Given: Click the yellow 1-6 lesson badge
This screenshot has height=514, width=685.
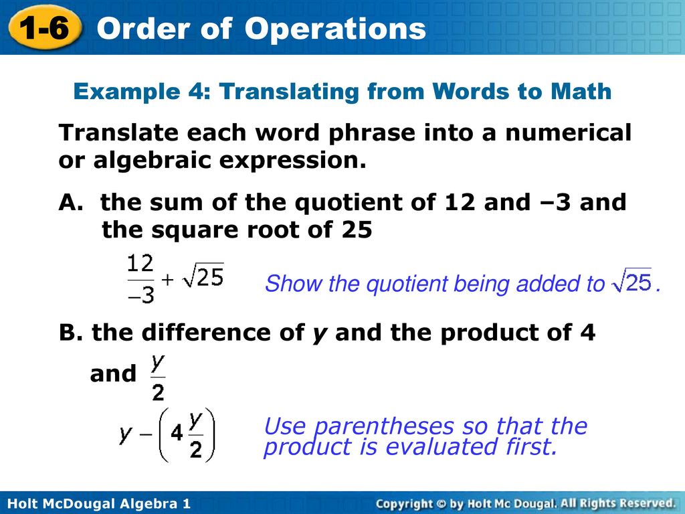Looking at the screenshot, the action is [x=45, y=27].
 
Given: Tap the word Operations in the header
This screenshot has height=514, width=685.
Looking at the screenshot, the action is [x=335, y=29].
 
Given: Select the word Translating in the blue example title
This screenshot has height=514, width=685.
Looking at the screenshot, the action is [x=290, y=92].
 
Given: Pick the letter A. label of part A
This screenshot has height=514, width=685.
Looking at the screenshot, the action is [x=71, y=202].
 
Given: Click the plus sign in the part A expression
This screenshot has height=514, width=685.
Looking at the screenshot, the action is [x=168, y=280].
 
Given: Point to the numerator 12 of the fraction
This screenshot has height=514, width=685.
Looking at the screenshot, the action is [x=140, y=264].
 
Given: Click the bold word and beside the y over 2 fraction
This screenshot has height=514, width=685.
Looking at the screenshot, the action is [x=112, y=373].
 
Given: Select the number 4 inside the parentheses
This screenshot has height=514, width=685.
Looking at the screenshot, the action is [x=177, y=434].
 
